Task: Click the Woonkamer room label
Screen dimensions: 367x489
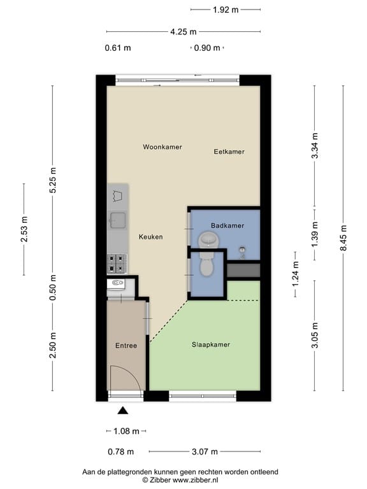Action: (162, 147)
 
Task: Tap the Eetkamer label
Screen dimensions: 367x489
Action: (229, 152)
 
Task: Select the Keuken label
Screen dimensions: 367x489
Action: (151, 237)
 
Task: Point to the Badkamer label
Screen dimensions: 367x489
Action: (227, 225)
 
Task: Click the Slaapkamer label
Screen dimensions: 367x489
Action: (211, 344)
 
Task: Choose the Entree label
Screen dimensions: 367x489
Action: (126, 346)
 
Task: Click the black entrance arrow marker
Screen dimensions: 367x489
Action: (122, 411)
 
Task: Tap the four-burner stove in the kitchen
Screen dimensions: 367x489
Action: (117, 264)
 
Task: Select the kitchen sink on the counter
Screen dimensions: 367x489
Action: (117, 220)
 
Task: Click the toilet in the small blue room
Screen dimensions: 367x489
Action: (206, 264)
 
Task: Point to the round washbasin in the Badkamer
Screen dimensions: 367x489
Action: (209, 240)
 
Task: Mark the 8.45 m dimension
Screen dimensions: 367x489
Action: (343, 238)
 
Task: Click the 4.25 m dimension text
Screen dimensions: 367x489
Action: (183, 32)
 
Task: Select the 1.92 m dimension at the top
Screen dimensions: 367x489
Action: (226, 10)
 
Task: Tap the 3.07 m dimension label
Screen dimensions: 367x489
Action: (205, 451)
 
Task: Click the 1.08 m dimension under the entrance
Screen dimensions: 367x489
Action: (126, 431)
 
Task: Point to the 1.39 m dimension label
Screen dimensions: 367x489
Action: (315, 234)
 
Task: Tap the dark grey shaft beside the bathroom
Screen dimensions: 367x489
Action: (243, 271)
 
